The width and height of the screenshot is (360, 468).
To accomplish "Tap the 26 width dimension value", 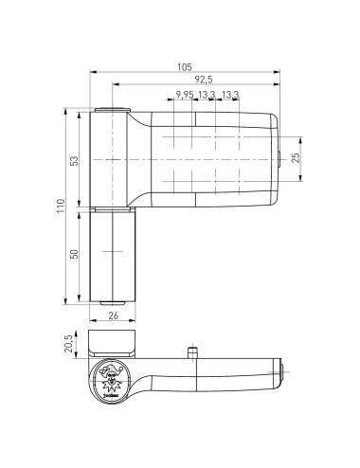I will tap(113, 316).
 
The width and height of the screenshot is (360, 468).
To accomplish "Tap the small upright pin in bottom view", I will tap(192, 352).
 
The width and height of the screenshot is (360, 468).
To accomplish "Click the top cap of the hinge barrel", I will tap(112, 111).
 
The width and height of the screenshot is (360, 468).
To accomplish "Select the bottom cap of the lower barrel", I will tap(112, 302).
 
